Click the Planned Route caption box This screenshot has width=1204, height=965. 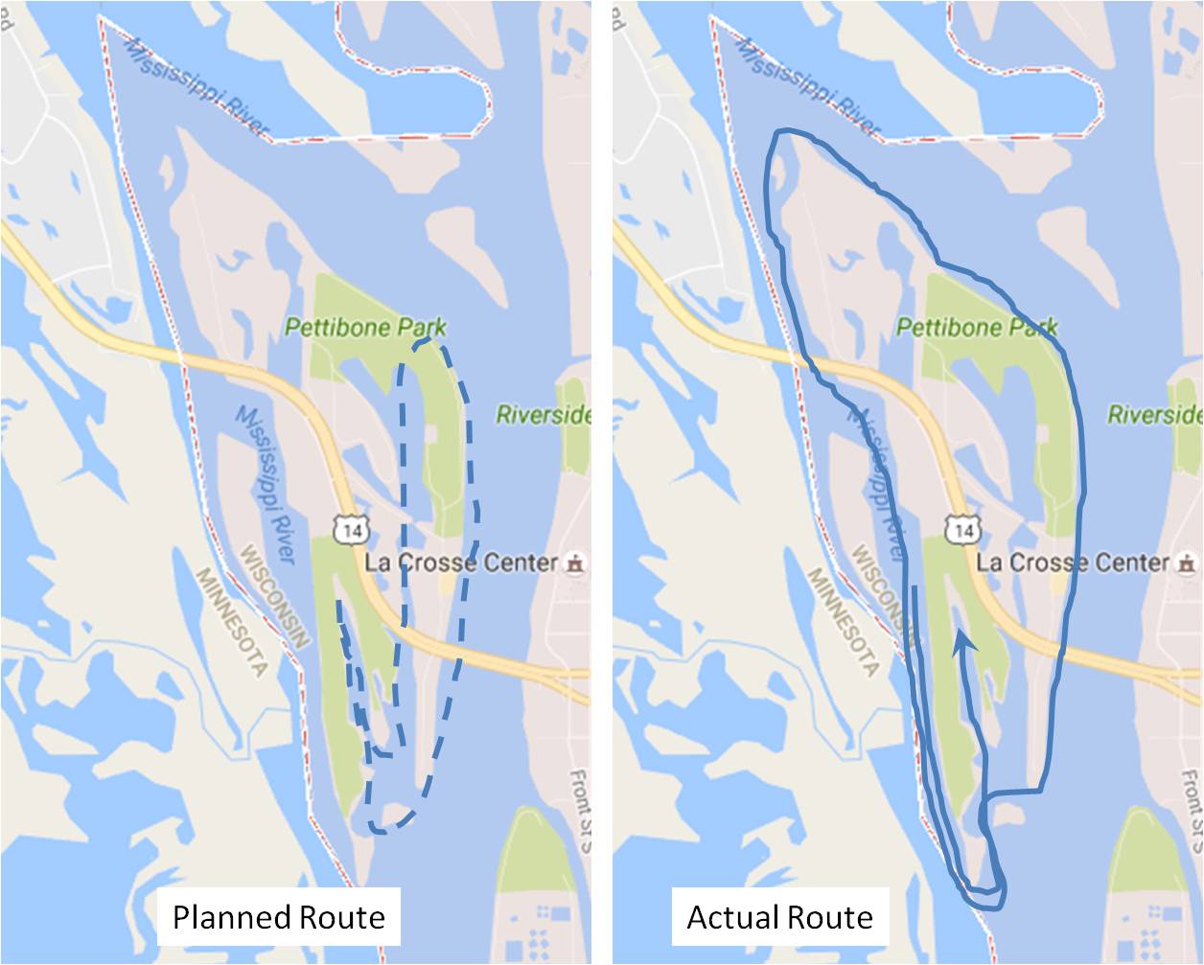[279, 917]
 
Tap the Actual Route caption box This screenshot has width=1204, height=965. [779, 917]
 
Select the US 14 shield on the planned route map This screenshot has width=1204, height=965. [350, 528]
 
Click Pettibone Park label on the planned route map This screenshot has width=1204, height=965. [365, 328]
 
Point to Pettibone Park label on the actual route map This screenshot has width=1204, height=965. [977, 328]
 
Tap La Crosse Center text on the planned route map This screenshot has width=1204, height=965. [461, 563]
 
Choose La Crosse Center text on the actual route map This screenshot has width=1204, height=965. [1073, 563]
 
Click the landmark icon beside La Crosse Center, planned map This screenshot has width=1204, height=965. [574, 563]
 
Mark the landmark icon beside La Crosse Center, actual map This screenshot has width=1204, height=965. [1186, 563]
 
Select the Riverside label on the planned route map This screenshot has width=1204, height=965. [543, 415]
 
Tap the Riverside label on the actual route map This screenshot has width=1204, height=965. [1154, 415]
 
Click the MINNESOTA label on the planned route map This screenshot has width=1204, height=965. [231, 622]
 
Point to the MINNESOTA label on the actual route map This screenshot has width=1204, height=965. [843, 622]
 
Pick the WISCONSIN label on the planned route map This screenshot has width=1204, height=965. [275, 595]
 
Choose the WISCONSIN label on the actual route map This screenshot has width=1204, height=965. [887, 595]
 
